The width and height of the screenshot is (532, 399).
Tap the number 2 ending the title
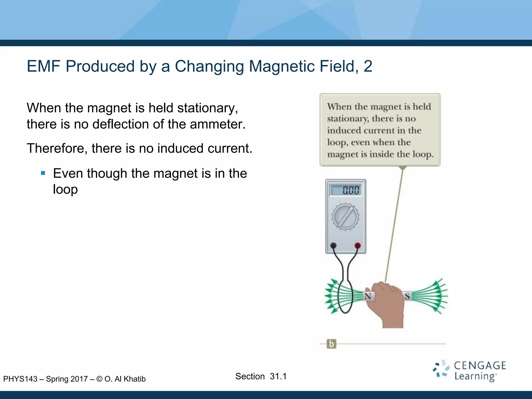tap(368, 66)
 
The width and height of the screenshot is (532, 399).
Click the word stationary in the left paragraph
tap(207, 108)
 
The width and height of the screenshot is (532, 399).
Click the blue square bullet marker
tap(43, 173)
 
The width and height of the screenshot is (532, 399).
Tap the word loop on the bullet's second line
tap(65, 189)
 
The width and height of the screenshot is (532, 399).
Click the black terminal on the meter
tap(333, 245)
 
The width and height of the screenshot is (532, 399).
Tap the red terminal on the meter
tap(357, 245)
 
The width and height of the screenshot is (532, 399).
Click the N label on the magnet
tap(368, 296)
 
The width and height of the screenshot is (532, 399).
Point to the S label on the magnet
tap(407, 296)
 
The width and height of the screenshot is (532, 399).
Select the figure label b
tap(331, 344)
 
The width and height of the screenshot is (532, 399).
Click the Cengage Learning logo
tap(469, 371)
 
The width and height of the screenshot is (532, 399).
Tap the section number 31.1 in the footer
tap(278, 376)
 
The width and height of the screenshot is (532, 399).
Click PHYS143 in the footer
tap(20, 379)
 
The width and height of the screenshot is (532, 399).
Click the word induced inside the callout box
tap(344, 130)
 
